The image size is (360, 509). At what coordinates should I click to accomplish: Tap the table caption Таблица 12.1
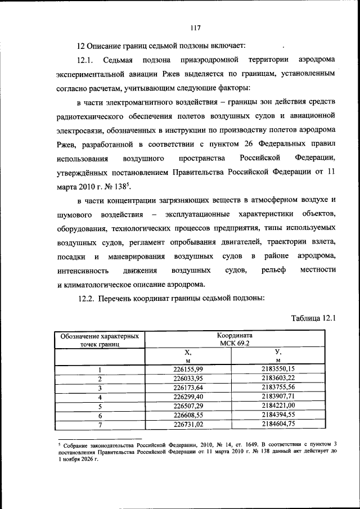[313, 318]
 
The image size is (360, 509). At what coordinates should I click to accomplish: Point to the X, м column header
[188, 356]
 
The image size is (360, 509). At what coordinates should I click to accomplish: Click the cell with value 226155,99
[188, 370]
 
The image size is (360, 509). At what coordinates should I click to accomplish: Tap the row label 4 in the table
[100, 397]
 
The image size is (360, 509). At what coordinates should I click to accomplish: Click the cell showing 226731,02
[188, 424]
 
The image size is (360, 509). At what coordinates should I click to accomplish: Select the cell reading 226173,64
[188, 388]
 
